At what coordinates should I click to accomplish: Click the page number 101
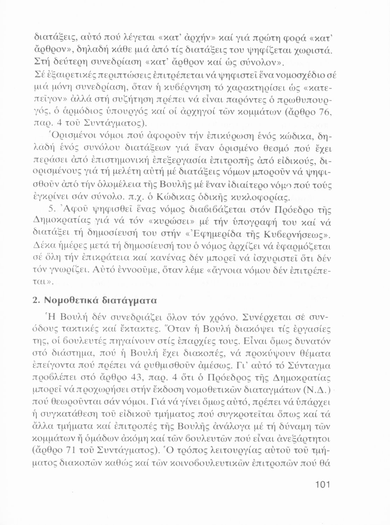[x=321, y=485]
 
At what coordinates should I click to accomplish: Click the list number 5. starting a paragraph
[x=53, y=210]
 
